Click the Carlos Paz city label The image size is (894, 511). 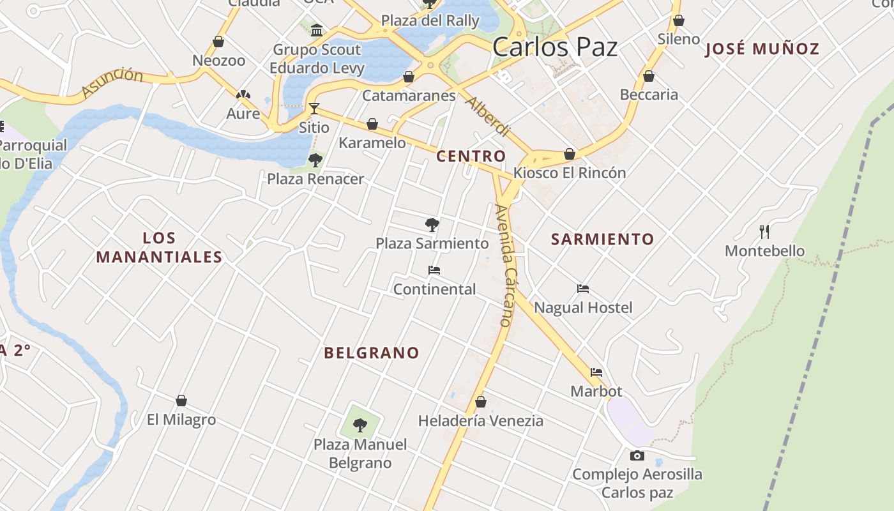(x=555, y=47)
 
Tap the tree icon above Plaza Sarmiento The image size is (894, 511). (x=432, y=224)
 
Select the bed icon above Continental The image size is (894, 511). (x=434, y=270)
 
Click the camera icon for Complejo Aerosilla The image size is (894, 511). (x=637, y=455)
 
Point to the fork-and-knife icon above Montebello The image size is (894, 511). (x=764, y=231)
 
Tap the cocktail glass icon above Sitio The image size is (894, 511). (x=314, y=108)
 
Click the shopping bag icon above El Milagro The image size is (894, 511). (x=181, y=400)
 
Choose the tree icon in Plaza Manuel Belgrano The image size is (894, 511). (x=360, y=425)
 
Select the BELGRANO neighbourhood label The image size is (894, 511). (x=372, y=353)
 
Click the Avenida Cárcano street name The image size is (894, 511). (x=504, y=265)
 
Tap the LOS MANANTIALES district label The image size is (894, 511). (x=159, y=248)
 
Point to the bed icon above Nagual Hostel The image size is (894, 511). (x=582, y=289)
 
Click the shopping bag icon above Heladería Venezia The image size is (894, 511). (x=481, y=402)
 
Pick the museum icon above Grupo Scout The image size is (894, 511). (x=316, y=30)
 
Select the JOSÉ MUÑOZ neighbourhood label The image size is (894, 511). (x=762, y=49)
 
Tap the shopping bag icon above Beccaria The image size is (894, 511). (x=649, y=77)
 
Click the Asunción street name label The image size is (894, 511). (x=112, y=82)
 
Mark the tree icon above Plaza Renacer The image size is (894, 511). (x=315, y=160)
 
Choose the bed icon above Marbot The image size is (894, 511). (x=596, y=372)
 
